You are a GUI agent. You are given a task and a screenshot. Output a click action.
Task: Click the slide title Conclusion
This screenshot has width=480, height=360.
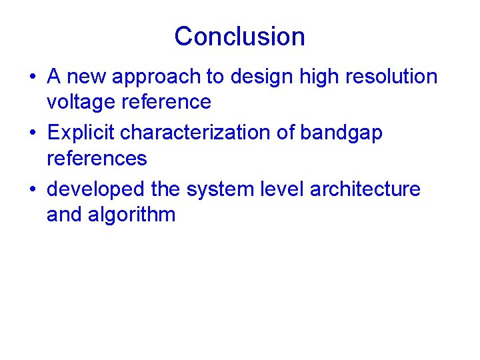[239, 36]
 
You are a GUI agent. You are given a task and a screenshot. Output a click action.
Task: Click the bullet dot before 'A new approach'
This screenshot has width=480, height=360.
[32, 77]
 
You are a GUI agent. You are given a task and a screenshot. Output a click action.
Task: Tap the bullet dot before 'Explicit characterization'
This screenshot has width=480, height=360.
[32, 133]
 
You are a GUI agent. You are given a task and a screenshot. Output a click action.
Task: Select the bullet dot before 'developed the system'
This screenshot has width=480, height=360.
[32, 190]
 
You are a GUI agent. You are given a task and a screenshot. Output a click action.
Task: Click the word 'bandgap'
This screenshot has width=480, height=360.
[341, 133]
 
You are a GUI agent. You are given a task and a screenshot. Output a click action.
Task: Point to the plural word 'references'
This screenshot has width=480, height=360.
[97, 158]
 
